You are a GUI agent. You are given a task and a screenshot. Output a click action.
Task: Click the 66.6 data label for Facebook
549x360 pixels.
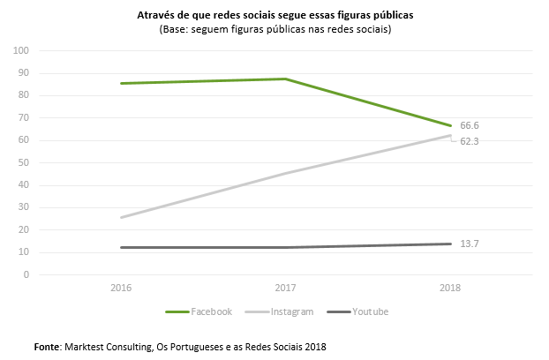pos(470,126)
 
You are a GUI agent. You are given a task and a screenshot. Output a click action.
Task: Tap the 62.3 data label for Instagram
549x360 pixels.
pos(470,141)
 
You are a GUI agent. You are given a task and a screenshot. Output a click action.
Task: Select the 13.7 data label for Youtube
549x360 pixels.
pos(469,244)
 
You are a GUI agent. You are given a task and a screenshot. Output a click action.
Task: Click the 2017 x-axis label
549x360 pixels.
pos(285,288)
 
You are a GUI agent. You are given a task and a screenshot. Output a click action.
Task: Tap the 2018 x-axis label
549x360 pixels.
pos(450,288)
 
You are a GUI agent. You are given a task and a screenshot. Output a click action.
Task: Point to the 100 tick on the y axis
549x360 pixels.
pos(22,50)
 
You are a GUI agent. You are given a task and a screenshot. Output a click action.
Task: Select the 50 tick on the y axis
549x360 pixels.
pos(25,162)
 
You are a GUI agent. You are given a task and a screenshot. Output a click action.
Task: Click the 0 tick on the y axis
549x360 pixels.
pos(27,274)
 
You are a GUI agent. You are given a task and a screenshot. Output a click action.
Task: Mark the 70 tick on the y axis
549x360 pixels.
pos(25,117)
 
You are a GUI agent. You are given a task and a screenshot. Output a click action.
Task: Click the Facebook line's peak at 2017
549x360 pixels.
pos(285,79)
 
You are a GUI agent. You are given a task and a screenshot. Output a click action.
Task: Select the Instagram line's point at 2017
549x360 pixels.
pos(285,173)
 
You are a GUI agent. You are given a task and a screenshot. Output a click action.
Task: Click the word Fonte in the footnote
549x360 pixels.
pos(49,346)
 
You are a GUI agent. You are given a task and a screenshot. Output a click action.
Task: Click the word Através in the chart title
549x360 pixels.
pos(156,16)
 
